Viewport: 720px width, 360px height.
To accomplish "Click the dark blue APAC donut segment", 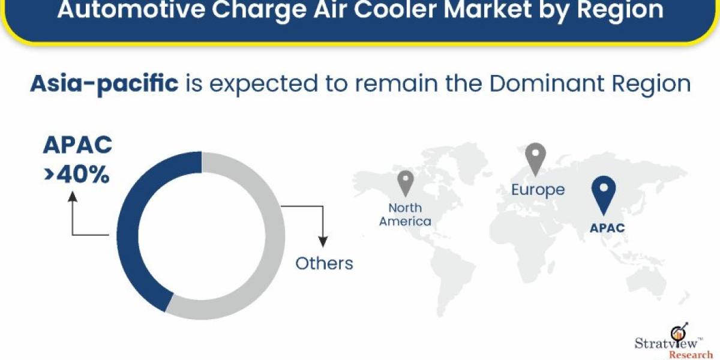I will (x=129, y=234).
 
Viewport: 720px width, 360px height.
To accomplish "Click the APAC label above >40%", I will (x=77, y=146).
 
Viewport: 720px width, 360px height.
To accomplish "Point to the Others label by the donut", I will (x=324, y=263).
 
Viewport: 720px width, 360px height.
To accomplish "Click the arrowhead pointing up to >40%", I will (x=73, y=196).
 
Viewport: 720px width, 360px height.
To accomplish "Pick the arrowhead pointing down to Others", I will (x=323, y=241).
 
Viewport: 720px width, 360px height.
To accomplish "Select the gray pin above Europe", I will (x=535, y=157).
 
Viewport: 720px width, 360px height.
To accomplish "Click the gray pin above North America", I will (x=406, y=182).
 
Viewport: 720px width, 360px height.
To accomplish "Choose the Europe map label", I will (x=538, y=190).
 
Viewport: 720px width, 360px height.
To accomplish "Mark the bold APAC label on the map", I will (x=606, y=228).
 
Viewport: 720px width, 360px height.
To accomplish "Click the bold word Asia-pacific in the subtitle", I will (x=104, y=84).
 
